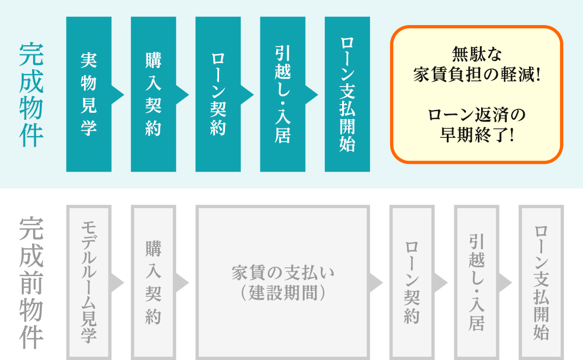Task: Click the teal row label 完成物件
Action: [x=31, y=95]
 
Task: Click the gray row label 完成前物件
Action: [x=31, y=283]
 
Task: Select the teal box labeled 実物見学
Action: [x=89, y=94]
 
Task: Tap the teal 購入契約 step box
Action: [x=153, y=94]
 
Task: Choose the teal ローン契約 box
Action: [x=218, y=94]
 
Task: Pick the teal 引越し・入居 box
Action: [x=283, y=94]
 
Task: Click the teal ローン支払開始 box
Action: [x=347, y=94]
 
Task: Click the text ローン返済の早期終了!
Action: [x=477, y=125]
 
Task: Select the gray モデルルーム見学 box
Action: [x=89, y=282]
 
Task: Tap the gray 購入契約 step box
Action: [x=153, y=282]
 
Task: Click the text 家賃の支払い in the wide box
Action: [x=283, y=273]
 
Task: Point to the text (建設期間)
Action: [x=283, y=293]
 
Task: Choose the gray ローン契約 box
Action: [x=412, y=282]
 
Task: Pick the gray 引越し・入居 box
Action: [x=477, y=282]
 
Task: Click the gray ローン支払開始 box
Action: [x=542, y=282]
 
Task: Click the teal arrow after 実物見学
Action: [x=117, y=94]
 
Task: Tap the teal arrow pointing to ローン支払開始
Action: [x=311, y=94]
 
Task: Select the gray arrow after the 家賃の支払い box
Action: [x=376, y=283]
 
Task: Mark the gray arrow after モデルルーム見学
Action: [x=117, y=283]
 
